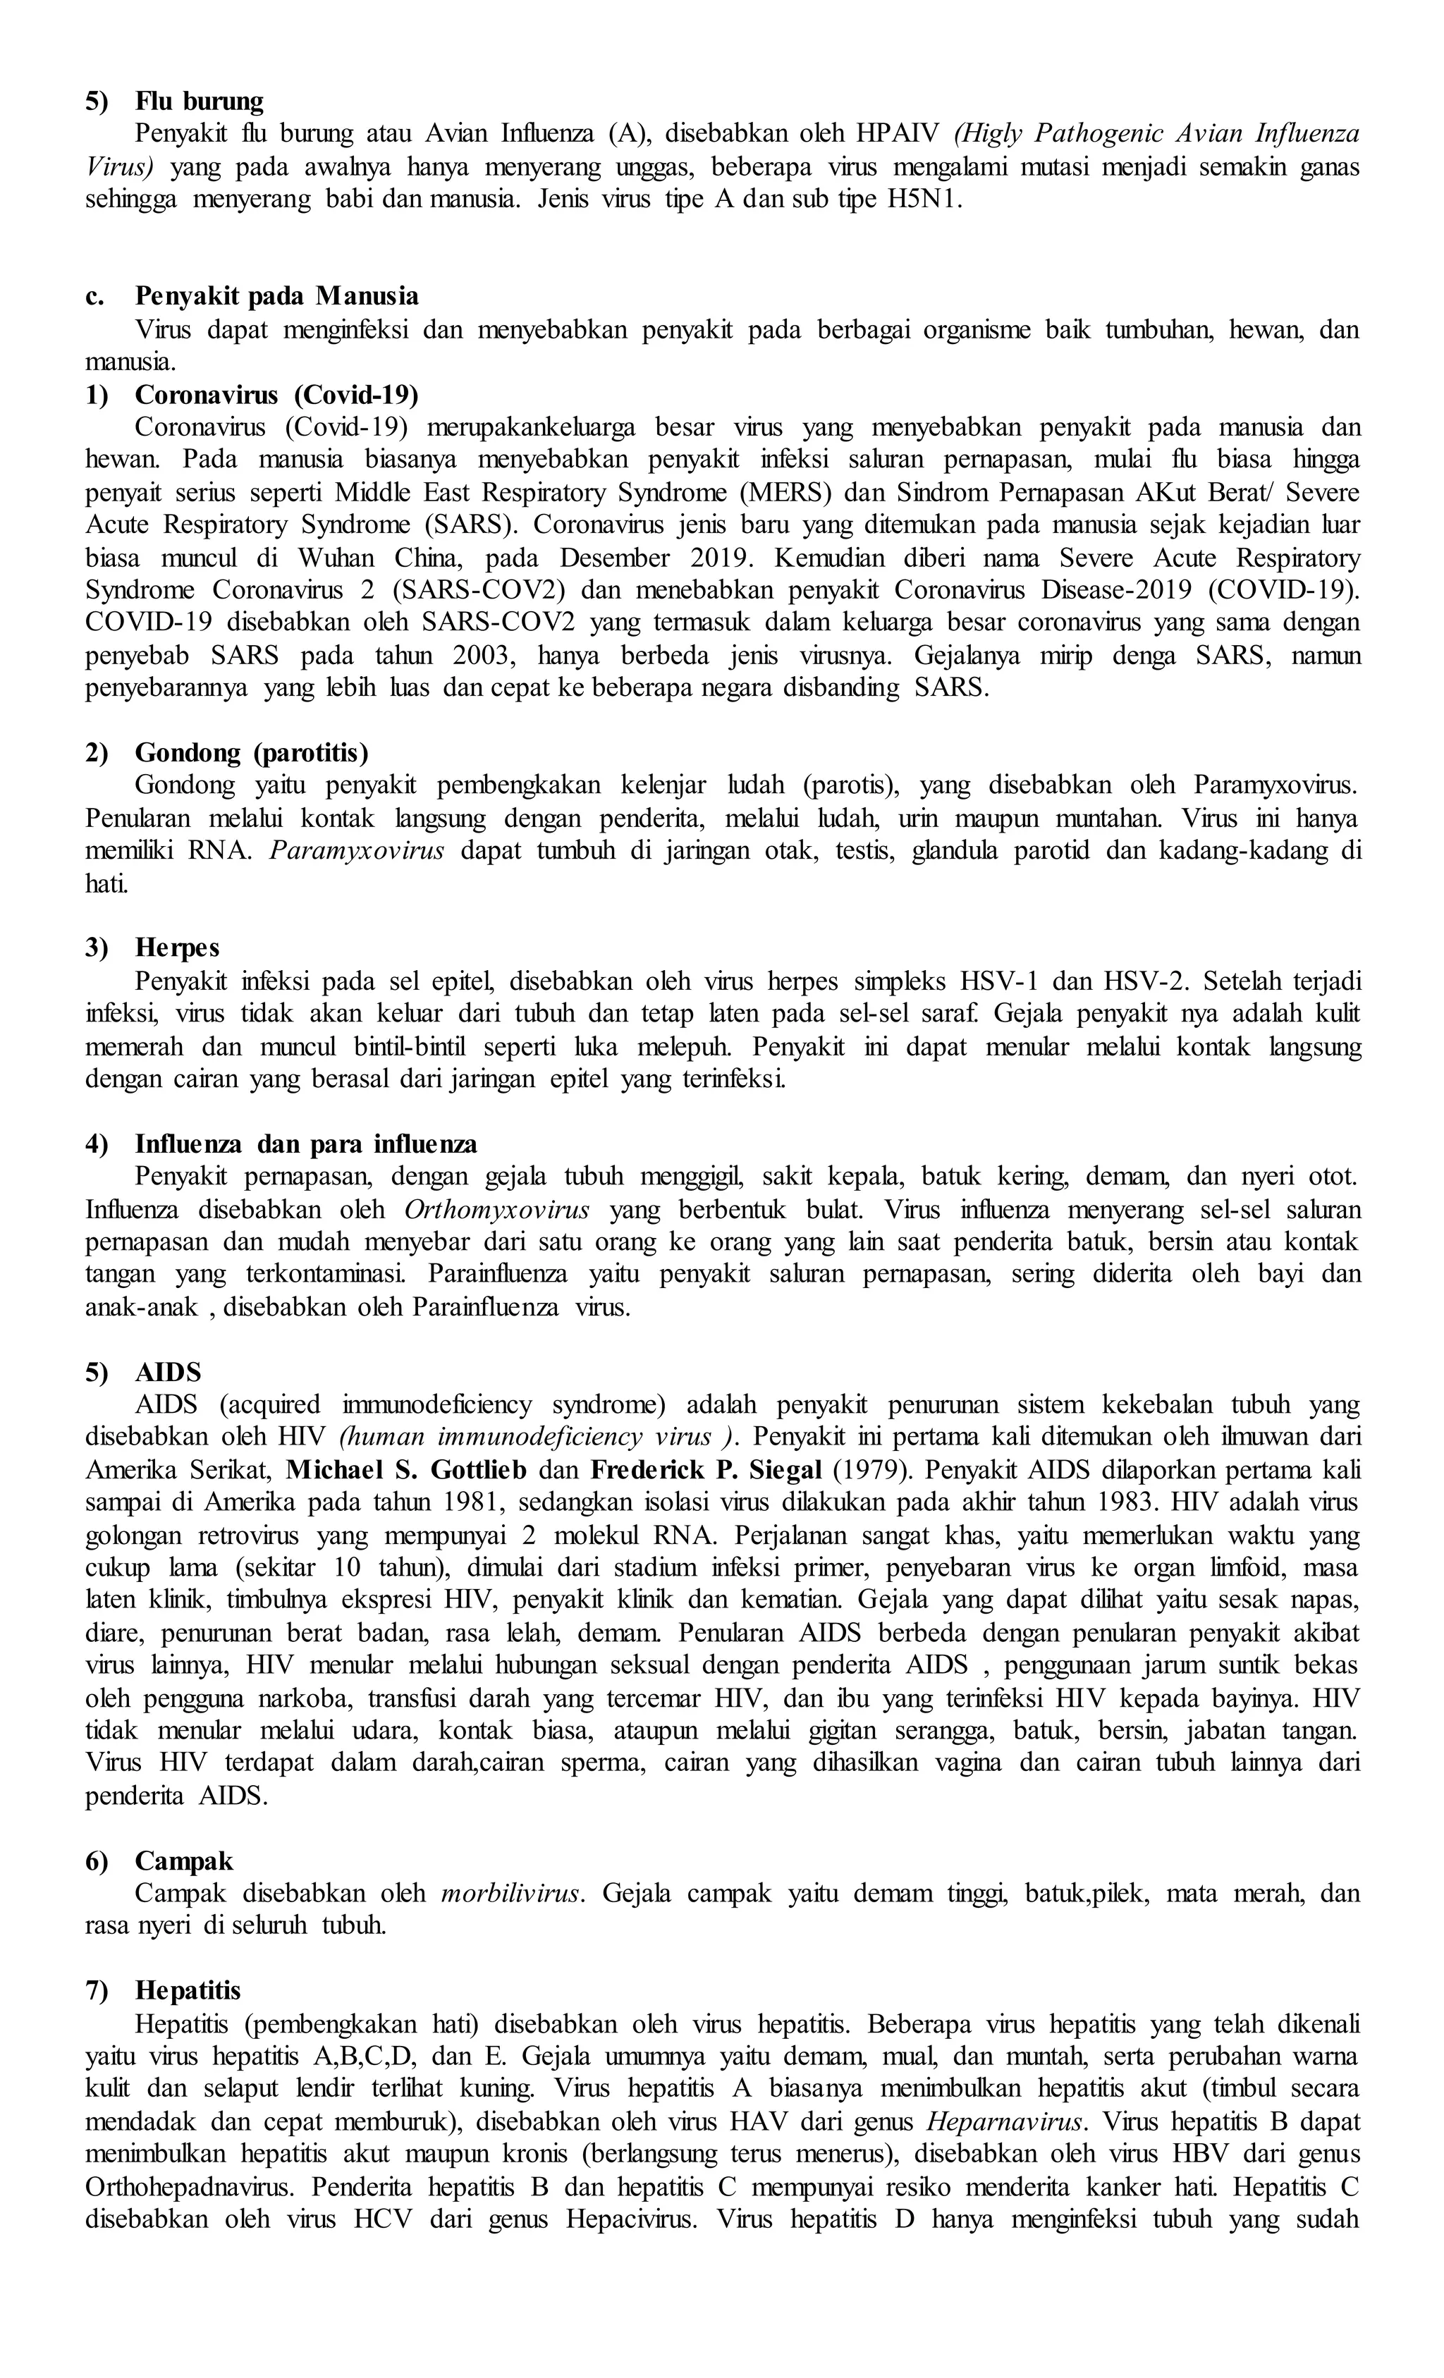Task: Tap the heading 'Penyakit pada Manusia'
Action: [x=276, y=295]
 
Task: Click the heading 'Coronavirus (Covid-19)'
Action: [x=276, y=395]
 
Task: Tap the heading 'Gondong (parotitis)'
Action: [x=251, y=753]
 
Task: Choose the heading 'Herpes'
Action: [x=178, y=949]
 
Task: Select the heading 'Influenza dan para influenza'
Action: [x=306, y=1145]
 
